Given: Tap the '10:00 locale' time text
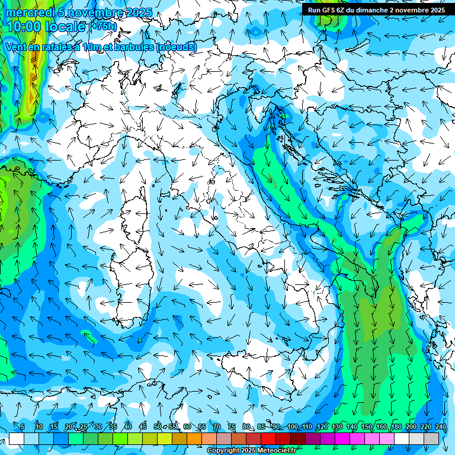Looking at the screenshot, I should pyautogui.click(x=46, y=27).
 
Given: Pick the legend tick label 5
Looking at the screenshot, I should pyautogui.click(x=23, y=427).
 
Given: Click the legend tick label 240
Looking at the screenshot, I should pyautogui.click(x=441, y=427).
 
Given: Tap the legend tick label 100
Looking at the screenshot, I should pyautogui.click(x=292, y=427).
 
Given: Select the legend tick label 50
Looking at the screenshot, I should pyautogui.click(x=158, y=427).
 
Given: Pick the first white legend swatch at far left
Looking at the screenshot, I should pyautogui.click(x=16, y=438).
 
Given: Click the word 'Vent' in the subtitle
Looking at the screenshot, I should pyautogui.click(x=16, y=47).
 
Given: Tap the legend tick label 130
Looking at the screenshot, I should pyautogui.click(x=337, y=427).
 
